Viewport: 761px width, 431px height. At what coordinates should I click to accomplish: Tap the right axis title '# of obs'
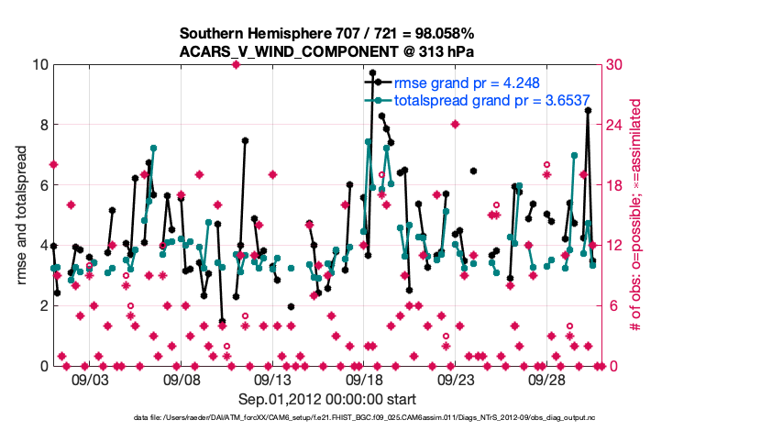634,215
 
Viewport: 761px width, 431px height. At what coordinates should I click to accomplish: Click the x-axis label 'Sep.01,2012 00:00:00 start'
327,399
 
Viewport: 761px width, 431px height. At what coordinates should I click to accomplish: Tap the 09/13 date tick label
272,379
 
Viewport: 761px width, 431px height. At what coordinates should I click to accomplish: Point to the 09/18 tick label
364,379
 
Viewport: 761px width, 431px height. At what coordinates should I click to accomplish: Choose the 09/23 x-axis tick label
456,379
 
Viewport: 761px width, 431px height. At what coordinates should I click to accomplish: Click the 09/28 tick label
547,379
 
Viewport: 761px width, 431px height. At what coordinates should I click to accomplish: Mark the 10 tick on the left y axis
37,64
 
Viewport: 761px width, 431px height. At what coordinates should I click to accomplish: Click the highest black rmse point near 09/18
372,72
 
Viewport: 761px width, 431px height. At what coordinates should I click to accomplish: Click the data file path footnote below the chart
326,418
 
